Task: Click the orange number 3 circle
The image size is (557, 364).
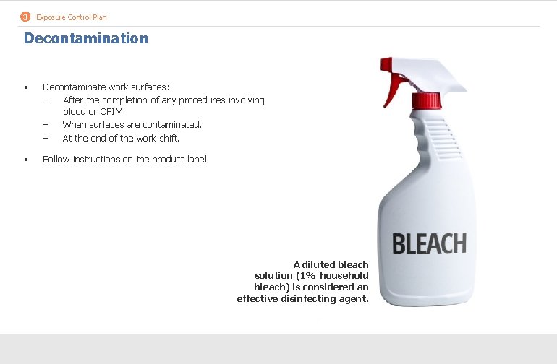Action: point(25,17)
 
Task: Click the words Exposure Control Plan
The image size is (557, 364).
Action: point(71,17)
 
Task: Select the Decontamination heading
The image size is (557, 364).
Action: point(85,38)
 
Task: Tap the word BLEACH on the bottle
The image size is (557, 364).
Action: point(429,244)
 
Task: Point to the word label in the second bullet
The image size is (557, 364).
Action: point(197,159)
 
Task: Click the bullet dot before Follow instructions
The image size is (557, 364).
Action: point(26,160)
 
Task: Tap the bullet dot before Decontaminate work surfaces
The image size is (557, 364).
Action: point(26,87)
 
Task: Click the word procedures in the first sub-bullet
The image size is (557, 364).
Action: point(202,100)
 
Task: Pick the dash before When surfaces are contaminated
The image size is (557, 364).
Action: point(46,124)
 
